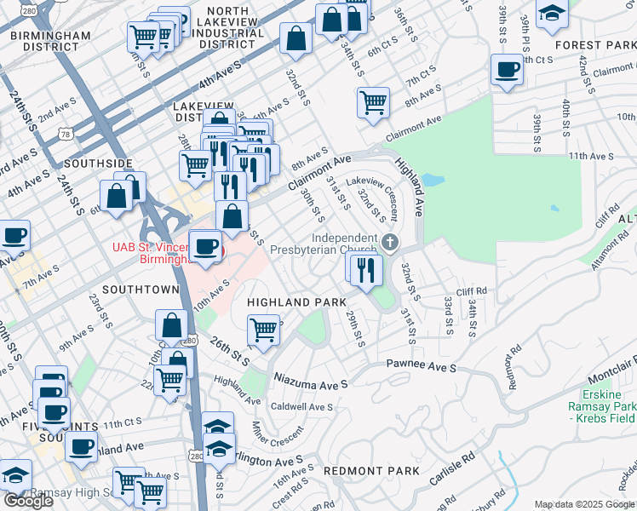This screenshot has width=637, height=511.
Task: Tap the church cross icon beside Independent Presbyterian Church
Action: pos(390,244)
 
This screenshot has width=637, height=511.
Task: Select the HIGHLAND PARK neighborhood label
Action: pos(296,302)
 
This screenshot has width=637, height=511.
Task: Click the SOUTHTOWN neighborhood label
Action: pos(141,290)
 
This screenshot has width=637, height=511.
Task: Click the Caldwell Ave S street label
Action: pos(301,407)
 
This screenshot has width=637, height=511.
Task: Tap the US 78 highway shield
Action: pos(66,133)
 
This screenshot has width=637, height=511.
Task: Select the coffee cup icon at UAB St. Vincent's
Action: pos(204,247)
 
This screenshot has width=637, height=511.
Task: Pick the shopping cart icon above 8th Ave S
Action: pos(373,103)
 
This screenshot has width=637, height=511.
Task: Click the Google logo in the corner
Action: pos(28,501)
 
